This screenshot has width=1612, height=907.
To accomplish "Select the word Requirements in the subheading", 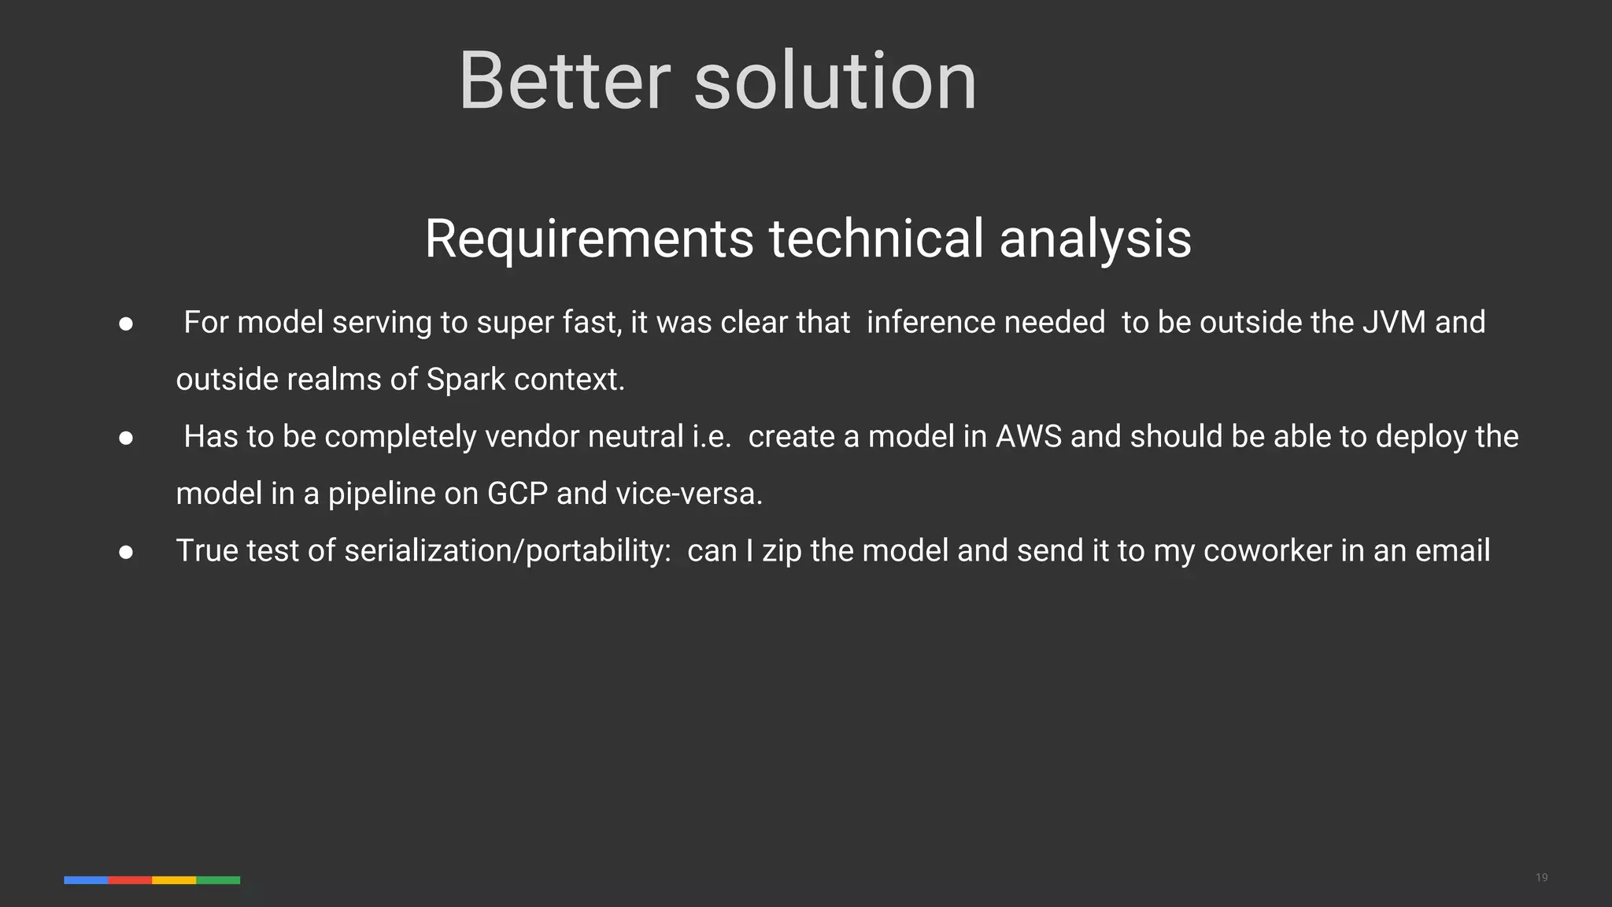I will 590,238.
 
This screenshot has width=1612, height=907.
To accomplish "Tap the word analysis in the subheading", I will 1095,238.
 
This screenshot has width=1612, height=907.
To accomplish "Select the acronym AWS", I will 1029,436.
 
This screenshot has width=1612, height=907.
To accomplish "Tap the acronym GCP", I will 517,494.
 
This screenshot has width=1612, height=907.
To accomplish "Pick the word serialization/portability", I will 508,550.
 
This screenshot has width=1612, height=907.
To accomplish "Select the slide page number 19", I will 1541,877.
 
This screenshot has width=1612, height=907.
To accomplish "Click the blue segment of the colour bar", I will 86,879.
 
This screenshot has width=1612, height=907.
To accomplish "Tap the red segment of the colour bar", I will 130,879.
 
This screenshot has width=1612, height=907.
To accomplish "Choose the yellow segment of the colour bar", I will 174,879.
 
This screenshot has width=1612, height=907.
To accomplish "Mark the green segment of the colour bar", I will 218,879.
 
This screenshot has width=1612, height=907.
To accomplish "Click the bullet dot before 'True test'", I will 126,552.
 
